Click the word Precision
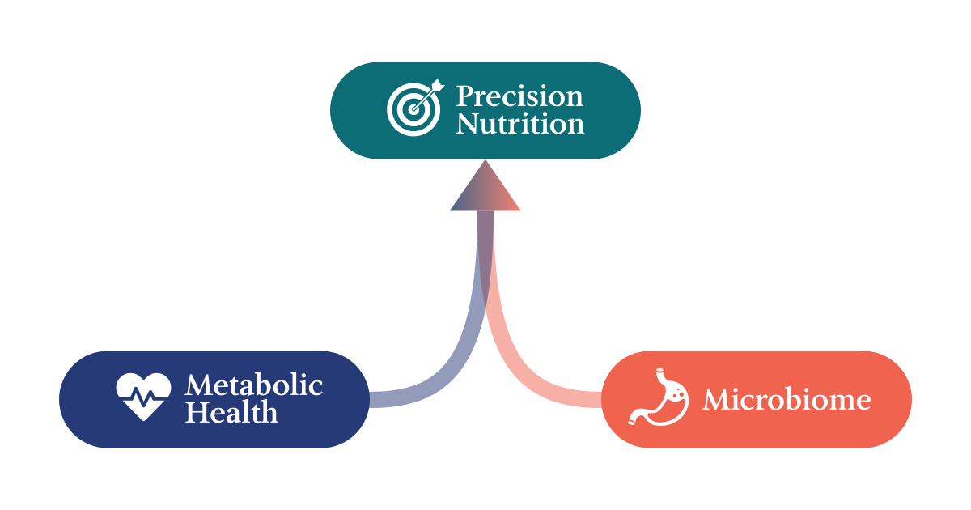[x=519, y=96]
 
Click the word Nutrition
[x=519, y=124]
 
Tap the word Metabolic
[x=254, y=385]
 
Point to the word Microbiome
[x=787, y=399]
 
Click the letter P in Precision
[x=464, y=96]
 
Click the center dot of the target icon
[x=413, y=109]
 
